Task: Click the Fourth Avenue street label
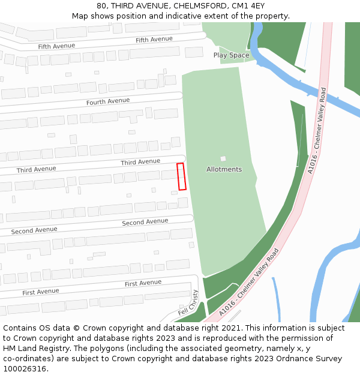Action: tap(108, 101)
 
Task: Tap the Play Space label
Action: tap(231, 55)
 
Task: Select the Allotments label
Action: tap(224, 169)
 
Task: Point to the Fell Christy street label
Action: tap(188, 303)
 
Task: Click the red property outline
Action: tap(181, 176)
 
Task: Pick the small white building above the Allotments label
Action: tap(223, 158)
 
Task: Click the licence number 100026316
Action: tap(23, 369)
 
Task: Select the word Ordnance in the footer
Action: tap(281, 359)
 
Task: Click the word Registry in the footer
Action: tap(51, 349)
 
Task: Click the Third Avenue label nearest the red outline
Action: tap(140, 162)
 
